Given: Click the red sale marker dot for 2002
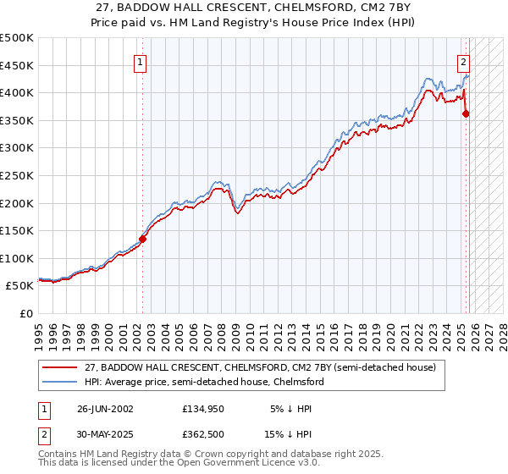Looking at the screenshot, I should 142,239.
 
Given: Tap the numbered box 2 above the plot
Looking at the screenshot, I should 464,61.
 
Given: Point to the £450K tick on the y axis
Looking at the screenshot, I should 19,65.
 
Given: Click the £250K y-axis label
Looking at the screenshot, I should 19,175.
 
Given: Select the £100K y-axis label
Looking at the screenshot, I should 19,258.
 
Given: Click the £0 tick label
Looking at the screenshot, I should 26,313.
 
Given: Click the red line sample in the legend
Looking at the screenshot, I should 60,367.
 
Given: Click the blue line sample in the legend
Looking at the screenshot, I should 60,382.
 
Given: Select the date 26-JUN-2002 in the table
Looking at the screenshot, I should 105,409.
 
